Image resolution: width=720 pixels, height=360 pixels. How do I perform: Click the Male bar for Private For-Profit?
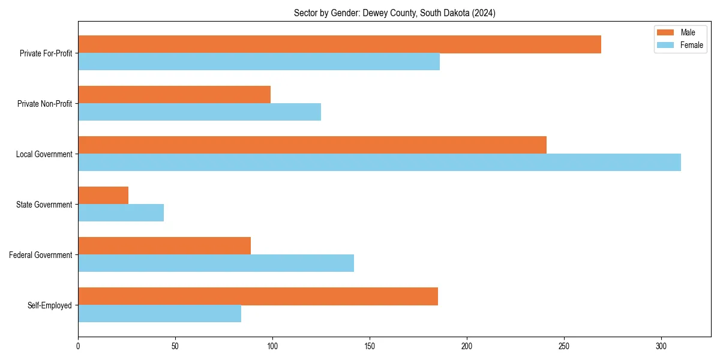(339, 44)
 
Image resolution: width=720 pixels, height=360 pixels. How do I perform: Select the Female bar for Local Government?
(379, 163)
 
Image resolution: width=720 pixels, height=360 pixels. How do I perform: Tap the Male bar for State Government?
(103, 195)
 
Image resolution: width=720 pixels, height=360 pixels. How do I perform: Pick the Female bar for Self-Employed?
(160, 314)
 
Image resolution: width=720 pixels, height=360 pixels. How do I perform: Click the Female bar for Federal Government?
(216, 263)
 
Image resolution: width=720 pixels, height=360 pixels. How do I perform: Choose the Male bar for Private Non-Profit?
(174, 94)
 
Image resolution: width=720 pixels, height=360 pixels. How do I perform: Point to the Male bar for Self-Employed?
(258, 296)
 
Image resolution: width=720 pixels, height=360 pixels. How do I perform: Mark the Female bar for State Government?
(121, 213)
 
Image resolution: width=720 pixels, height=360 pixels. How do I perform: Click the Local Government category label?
(44, 154)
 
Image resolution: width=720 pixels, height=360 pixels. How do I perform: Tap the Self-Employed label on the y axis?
(50, 305)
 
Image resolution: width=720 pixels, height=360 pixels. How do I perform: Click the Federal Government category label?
(41, 255)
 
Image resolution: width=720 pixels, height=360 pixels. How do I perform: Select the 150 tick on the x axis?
(370, 346)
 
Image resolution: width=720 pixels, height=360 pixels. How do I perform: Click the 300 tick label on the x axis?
(661, 346)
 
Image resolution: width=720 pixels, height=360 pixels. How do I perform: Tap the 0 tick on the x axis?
(78, 346)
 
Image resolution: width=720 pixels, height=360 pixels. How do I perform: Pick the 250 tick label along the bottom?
(564, 346)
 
